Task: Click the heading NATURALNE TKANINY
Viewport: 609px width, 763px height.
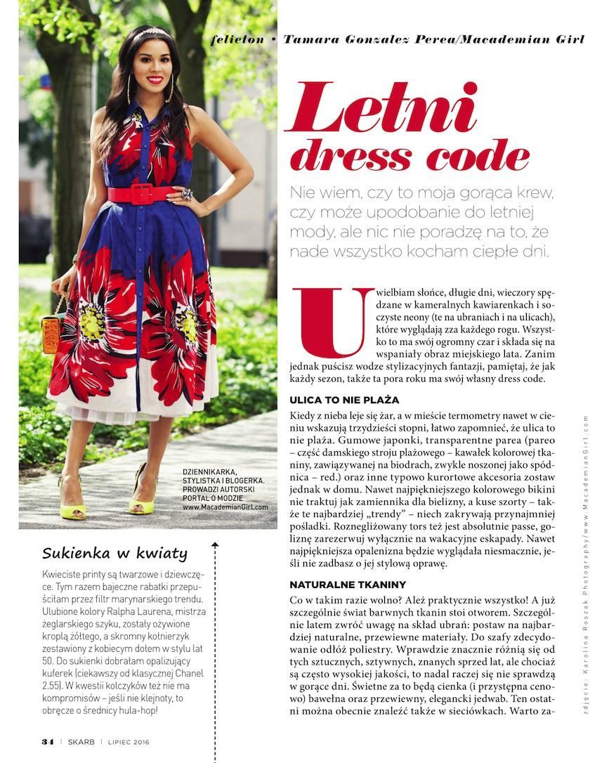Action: coord(347,585)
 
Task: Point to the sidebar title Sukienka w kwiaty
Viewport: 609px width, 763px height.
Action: coord(114,552)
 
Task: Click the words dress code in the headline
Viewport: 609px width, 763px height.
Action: coord(409,156)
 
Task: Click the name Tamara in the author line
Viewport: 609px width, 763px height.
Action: coord(310,39)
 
